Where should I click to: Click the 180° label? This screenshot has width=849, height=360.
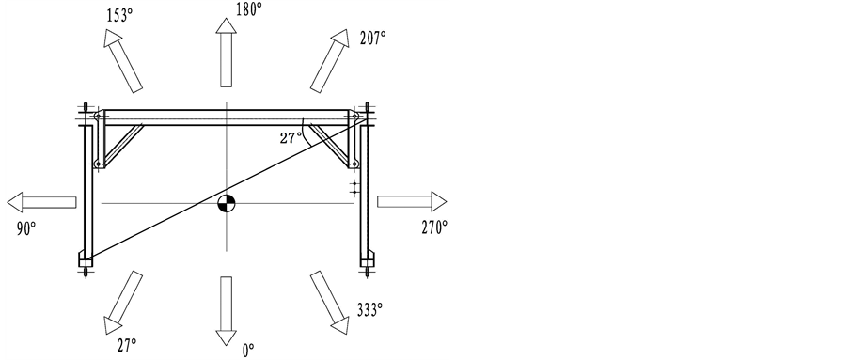coord(248,9)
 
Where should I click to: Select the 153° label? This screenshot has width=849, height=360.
coord(119,16)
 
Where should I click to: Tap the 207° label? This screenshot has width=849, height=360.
coord(372,39)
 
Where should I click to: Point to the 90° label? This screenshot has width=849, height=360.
coord(26,229)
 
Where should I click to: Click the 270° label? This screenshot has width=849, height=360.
coord(434,227)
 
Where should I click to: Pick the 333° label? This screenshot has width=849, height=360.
coord(369,309)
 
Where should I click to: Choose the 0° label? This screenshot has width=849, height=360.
coord(248,351)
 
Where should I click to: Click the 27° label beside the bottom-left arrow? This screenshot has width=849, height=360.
coord(127,345)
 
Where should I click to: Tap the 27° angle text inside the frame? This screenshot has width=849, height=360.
coord(291,138)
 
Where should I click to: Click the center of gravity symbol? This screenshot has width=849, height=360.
coord(227,204)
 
